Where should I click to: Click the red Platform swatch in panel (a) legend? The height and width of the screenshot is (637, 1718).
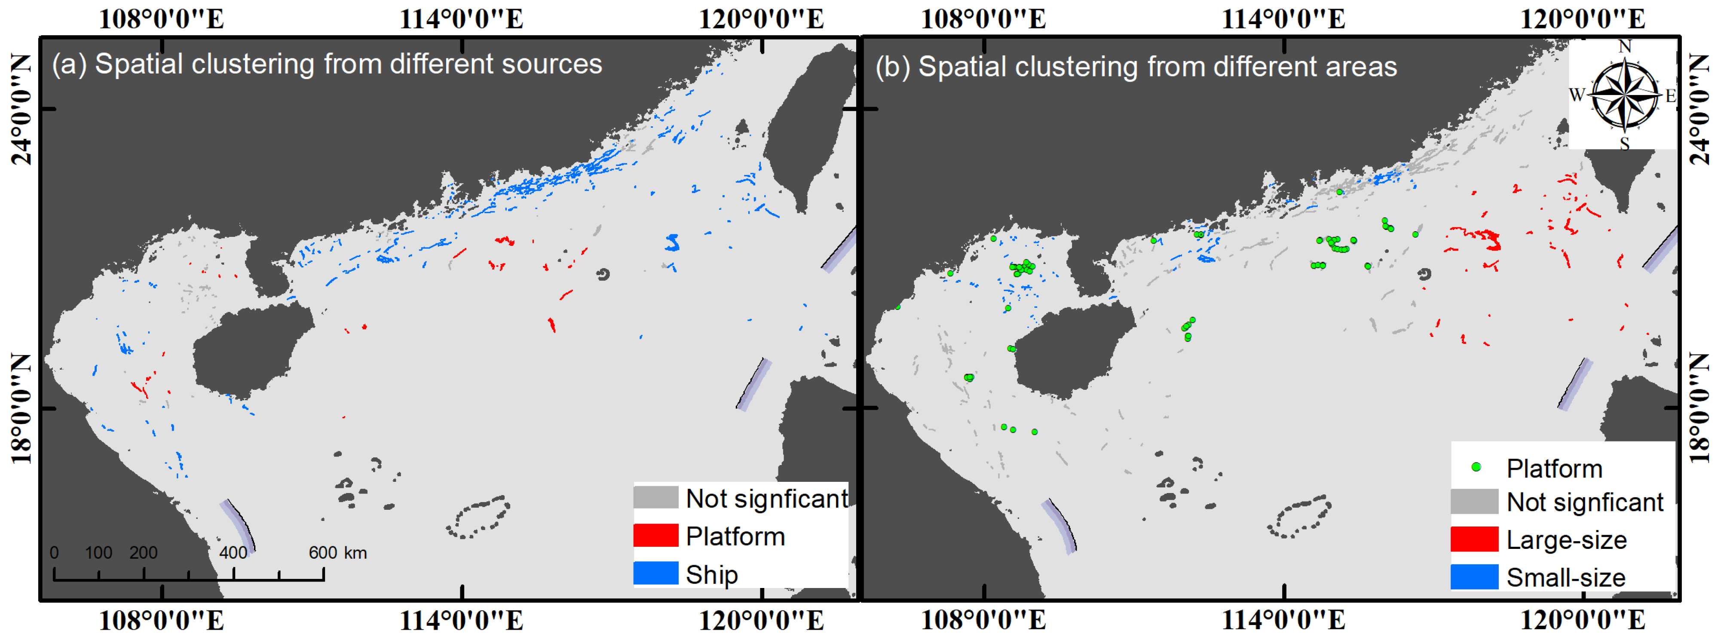pos(655,536)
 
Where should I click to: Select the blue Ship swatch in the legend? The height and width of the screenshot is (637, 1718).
pos(655,574)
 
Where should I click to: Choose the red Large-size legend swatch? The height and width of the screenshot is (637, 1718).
pos(1474,539)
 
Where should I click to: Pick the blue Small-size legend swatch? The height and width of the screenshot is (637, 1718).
pos(1474,577)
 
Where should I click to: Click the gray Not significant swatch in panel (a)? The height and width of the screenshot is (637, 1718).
pos(655,498)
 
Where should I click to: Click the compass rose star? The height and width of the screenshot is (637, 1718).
pos(1625,94)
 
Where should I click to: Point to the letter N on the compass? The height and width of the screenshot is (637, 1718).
pos(1625,47)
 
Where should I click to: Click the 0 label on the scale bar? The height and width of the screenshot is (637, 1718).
pos(54,552)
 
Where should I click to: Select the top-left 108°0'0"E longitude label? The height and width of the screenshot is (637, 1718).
pos(161,18)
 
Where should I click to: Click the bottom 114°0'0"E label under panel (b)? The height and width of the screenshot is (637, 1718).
pos(1283,620)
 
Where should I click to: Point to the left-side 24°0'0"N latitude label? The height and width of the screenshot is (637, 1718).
pos(21,109)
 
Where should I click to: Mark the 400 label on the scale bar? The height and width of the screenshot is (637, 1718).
pos(233,552)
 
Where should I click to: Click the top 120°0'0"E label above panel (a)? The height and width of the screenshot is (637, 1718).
pos(761,18)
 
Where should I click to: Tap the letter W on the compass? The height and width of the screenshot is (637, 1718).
pos(1577,95)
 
